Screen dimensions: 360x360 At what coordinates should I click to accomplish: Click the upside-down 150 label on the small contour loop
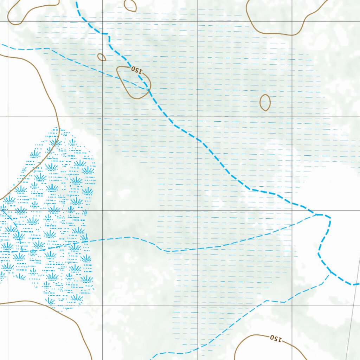coord(137,70)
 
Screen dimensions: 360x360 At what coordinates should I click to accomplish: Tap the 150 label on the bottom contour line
coord(276,339)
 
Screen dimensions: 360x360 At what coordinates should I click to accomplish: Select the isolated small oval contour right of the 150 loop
coord(265,102)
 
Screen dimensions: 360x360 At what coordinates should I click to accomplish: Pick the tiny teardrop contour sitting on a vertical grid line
coord(102,57)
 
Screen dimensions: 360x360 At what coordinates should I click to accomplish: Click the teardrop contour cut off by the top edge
coord(130,5)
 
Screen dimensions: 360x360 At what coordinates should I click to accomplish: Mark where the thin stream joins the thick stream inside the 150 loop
coord(148,89)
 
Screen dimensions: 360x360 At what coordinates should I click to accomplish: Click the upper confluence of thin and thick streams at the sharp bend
coord(316,214)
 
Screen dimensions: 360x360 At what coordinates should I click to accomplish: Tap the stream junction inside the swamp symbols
coord(22,251)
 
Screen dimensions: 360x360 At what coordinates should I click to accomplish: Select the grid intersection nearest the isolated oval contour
coord(292,116)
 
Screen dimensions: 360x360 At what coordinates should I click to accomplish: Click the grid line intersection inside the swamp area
coord(8,211)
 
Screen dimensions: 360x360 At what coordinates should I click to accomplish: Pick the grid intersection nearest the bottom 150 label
coord(292,305)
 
